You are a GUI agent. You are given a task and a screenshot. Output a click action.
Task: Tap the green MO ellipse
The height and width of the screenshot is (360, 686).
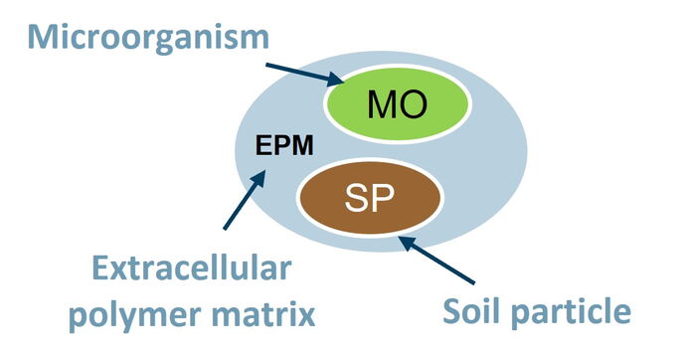[x=397, y=104]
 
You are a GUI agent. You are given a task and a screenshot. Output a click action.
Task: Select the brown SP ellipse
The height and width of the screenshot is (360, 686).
[x=370, y=197]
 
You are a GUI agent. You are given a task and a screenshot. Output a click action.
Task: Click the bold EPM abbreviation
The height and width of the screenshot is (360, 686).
[x=284, y=145]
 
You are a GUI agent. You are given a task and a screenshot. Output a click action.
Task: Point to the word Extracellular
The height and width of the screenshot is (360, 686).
[x=192, y=268]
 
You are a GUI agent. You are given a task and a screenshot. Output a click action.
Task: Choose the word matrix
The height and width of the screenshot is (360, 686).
[x=263, y=313]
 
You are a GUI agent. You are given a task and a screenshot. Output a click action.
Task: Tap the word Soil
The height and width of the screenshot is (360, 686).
[x=473, y=310]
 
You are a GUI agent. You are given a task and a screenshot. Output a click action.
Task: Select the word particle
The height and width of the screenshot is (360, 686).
[x=572, y=313]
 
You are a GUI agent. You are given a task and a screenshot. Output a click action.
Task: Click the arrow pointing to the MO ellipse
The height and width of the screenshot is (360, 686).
[x=305, y=74]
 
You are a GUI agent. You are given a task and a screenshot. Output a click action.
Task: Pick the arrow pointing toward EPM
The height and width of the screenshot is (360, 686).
[x=245, y=200]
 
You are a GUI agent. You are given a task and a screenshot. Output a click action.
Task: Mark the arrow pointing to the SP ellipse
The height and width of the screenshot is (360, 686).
[x=436, y=260]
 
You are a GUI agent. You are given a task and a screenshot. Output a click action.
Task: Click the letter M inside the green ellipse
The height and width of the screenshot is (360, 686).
[x=382, y=104]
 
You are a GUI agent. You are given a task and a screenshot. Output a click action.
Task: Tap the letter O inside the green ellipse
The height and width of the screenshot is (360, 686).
[x=413, y=104]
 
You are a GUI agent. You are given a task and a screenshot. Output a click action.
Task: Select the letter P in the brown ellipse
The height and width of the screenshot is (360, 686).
[x=383, y=198]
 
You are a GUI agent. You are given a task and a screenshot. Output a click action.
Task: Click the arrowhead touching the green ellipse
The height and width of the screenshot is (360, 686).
[x=336, y=80]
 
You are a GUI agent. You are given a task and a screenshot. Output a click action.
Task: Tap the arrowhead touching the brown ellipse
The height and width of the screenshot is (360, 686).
[x=408, y=242]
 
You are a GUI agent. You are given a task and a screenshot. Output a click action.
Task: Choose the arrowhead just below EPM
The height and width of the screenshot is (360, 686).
[x=259, y=178]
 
